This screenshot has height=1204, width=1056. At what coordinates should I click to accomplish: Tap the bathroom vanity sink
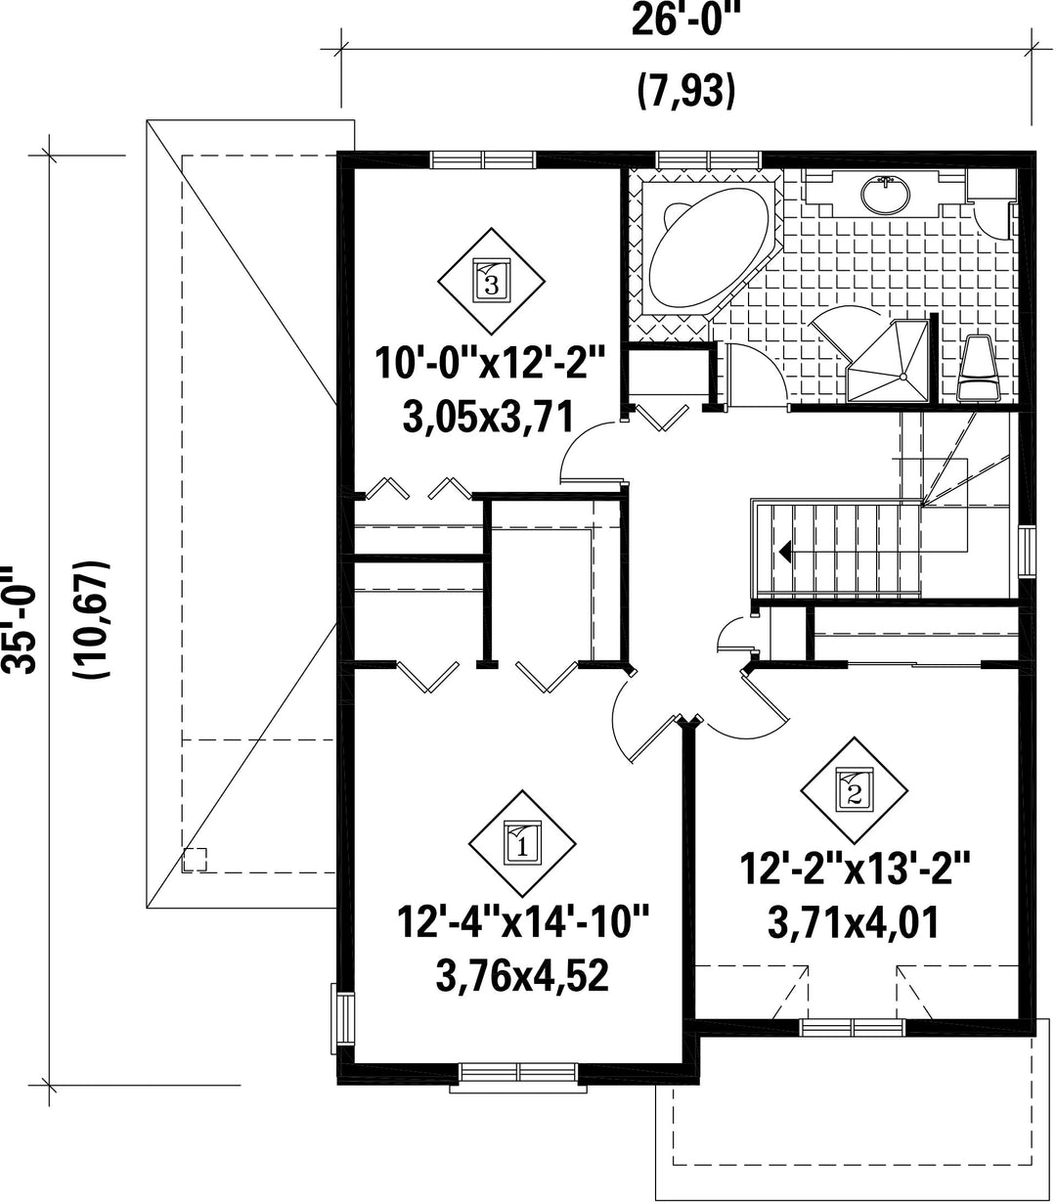(x=886, y=193)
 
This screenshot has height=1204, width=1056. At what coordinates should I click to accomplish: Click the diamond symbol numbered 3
(x=492, y=281)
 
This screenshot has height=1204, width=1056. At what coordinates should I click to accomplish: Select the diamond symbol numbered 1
(x=522, y=843)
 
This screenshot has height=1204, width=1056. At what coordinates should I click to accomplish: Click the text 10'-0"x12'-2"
(x=490, y=364)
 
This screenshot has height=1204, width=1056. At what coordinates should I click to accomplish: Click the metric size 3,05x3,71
(x=489, y=417)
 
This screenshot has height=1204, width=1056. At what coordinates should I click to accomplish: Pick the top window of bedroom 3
(x=483, y=159)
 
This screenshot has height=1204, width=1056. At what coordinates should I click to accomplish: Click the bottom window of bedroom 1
(x=519, y=1072)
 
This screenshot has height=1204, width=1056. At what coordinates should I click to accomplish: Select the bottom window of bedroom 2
(x=853, y=1028)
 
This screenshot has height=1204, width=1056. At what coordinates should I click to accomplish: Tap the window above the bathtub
(x=709, y=159)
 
